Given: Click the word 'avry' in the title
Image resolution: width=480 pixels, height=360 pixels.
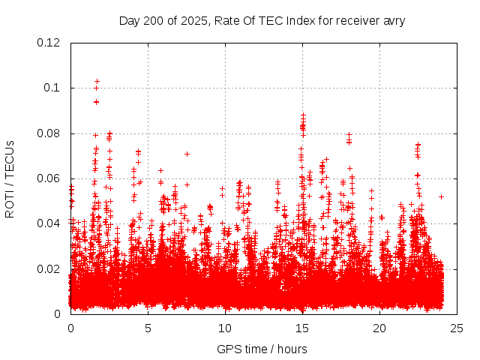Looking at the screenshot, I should (x=393, y=21).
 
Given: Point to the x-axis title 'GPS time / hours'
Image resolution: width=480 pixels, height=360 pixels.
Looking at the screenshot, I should (x=262, y=349).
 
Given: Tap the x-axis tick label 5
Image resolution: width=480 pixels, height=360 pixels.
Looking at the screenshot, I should (x=148, y=328).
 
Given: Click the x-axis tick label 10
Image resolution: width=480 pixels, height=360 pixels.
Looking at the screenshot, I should (x=225, y=328).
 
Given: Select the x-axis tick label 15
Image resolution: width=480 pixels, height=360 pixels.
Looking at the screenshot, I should (x=302, y=328).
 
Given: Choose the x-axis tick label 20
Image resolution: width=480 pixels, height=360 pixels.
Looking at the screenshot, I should (x=379, y=328).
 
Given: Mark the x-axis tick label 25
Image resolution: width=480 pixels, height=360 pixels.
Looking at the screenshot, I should (x=457, y=328).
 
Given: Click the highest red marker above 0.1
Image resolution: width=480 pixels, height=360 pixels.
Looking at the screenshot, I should (x=97, y=81).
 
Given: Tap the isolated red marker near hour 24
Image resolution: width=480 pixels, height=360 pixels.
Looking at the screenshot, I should (x=441, y=196).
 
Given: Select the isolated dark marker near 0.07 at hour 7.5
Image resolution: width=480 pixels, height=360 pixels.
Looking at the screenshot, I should (x=187, y=154).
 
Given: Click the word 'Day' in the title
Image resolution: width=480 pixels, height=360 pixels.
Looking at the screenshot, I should (x=129, y=21).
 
